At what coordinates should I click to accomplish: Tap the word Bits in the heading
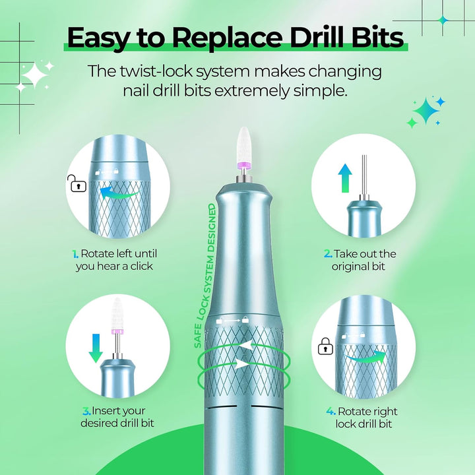[x=377, y=38]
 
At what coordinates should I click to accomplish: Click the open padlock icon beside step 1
[x=77, y=183]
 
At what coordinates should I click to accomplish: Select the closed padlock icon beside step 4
[x=325, y=346]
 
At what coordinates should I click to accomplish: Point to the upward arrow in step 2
[x=345, y=178]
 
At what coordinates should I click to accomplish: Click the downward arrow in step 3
[x=96, y=348]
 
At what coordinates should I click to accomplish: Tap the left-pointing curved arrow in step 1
[x=119, y=193]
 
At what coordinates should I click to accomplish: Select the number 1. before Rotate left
[x=75, y=254]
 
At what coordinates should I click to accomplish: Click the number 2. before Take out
[x=328, y=254]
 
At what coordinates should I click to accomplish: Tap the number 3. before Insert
[x=86, y=412]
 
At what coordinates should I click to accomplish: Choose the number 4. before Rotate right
[x=331, y=412]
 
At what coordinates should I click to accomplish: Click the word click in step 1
[x=141, y=267]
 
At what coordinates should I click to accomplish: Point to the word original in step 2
[x=348, y=267]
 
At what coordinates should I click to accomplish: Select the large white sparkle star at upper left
[x=34, y=75]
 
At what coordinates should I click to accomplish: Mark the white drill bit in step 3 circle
[x=117, y=313]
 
